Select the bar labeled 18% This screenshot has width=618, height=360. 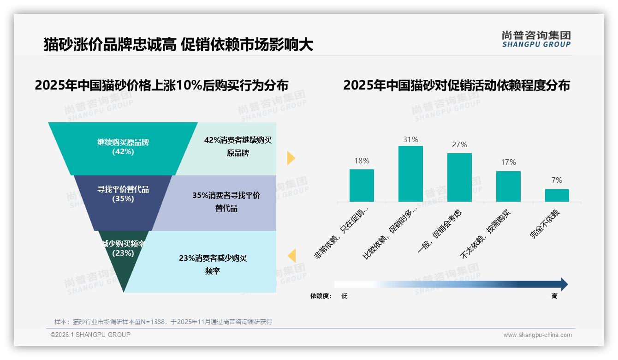coord(362,186)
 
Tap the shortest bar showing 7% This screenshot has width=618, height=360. coord(557,195)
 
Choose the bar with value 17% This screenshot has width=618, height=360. coord(508,186)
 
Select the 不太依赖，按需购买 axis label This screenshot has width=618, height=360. coord(486,234)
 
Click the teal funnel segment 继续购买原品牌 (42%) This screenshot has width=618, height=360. coord(123,148)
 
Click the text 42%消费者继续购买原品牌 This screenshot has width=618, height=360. coord(238,146)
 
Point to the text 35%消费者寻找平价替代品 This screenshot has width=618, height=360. coord(226,202)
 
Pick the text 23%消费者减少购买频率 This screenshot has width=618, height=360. coord(213,264)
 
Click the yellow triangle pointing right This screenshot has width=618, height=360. coord(291,158)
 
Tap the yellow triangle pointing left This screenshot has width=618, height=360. coord(291,256)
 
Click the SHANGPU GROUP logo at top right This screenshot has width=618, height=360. coord(536,39)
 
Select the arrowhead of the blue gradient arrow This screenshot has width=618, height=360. coord(564,284)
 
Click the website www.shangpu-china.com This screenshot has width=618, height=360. coord(537,335)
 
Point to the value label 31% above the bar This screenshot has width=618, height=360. coord(410,139)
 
